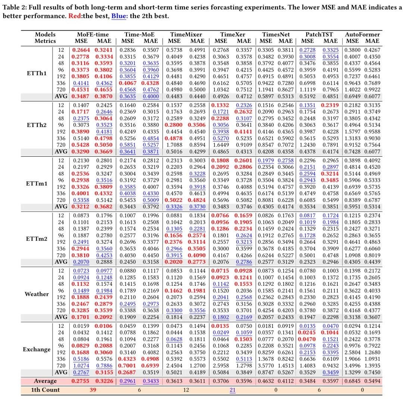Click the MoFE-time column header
93,34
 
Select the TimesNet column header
276,34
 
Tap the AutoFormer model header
362,34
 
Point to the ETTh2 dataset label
37,125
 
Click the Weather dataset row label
37,294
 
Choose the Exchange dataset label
37,349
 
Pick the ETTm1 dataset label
37,184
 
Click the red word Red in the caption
75,16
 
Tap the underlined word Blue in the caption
119,16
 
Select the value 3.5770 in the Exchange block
266,365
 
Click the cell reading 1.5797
352,132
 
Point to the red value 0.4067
128,83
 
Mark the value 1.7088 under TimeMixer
174,145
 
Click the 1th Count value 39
93,390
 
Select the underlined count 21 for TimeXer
232,390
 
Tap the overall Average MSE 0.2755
81,381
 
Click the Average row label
45,381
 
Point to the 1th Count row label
45,390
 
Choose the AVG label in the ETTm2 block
61,262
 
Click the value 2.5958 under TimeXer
221,365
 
